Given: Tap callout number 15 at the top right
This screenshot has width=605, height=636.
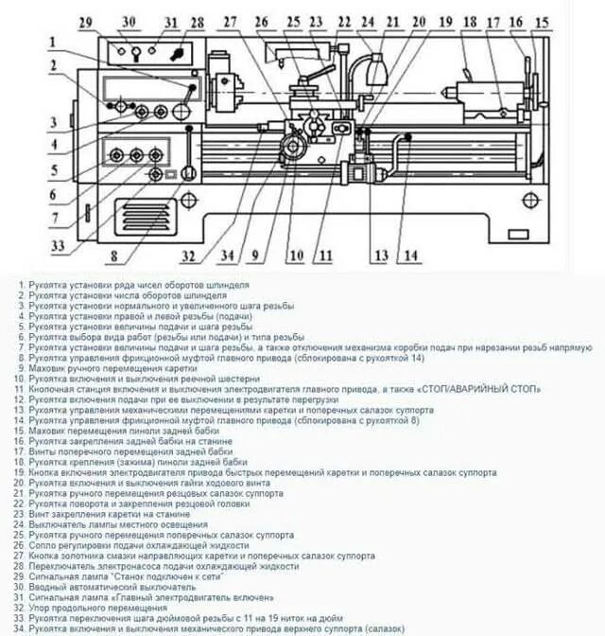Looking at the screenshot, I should (x=541, y=22).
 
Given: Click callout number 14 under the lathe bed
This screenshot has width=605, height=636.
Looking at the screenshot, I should (x=408, y=256).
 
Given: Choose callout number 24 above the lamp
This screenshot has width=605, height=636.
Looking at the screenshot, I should (x=367, y=22).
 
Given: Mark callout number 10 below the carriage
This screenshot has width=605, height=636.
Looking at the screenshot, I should (x=296, y=255).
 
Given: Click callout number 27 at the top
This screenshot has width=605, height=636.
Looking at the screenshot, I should (x=231, y=22).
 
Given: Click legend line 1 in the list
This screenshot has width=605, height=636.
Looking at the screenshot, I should (x=133, y=284).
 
